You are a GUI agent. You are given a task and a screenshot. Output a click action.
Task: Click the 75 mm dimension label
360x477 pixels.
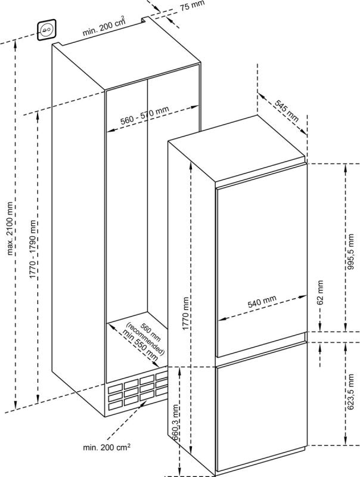191,5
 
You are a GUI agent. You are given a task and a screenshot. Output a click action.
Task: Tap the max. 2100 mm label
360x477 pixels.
11,228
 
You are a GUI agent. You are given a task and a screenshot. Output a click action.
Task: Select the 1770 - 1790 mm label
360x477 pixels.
33,249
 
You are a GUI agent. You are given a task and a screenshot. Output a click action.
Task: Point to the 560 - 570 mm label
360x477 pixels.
145,116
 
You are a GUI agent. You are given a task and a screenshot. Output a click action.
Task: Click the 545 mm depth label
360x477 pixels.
287,110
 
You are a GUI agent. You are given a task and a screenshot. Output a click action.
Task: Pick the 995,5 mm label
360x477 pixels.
351,252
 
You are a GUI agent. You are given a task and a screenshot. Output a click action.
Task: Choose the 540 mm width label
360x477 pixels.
262,301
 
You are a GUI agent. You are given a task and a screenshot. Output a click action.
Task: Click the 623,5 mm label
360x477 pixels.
351,392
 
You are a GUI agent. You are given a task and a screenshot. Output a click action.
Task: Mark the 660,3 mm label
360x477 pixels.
175,422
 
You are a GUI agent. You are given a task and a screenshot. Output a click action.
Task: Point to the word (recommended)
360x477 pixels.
145,338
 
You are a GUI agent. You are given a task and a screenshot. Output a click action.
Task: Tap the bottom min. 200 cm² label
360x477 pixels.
107,447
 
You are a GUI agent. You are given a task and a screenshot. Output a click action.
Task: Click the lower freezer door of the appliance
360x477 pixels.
262,416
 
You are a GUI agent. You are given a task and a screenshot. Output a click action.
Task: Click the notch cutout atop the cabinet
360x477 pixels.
145,20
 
